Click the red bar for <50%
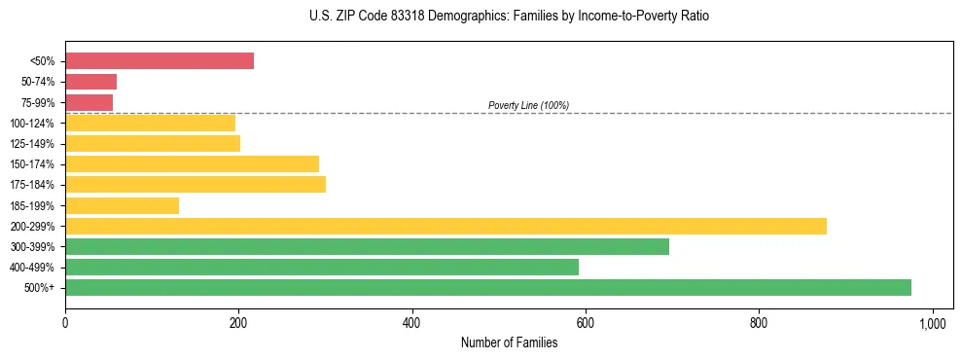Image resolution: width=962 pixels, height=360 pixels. pyautogui.click(x=160, y=61)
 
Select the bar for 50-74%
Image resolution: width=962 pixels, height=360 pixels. pyautogui.click(x=90, y=82)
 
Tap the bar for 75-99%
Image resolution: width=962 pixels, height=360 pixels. pyautogui.click(x=89, y=102)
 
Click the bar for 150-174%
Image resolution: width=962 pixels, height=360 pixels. pyautogui.click(x=192, y=163)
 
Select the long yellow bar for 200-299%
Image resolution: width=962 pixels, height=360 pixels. pyautogui.click(x=445, y=226)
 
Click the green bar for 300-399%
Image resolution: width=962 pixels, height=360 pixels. pyautogui.click(x=367, y=246)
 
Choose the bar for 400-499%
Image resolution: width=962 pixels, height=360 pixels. pyautogui.click(x=321, y=267)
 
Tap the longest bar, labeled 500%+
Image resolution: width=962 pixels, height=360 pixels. pyautogui.click(x=487, y=287)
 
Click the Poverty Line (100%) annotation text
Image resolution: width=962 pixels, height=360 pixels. pyautogui.click(x=528, y=105)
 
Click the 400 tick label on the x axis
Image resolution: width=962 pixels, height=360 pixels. pyautogui.click(x=412, y=322)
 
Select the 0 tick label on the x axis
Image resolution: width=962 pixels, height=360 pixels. pyautogui.click(x=65, y=322)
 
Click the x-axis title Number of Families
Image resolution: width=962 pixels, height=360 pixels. pyautogui.click(x=509, y=342)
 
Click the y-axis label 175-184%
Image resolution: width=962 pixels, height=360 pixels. pyautogui.click(x=32, y=185)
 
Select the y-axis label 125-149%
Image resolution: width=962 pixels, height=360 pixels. pyautogui.click(x=32, y=144)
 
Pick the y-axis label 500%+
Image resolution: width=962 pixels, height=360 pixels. pyautogui.click(x=41, y=288)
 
